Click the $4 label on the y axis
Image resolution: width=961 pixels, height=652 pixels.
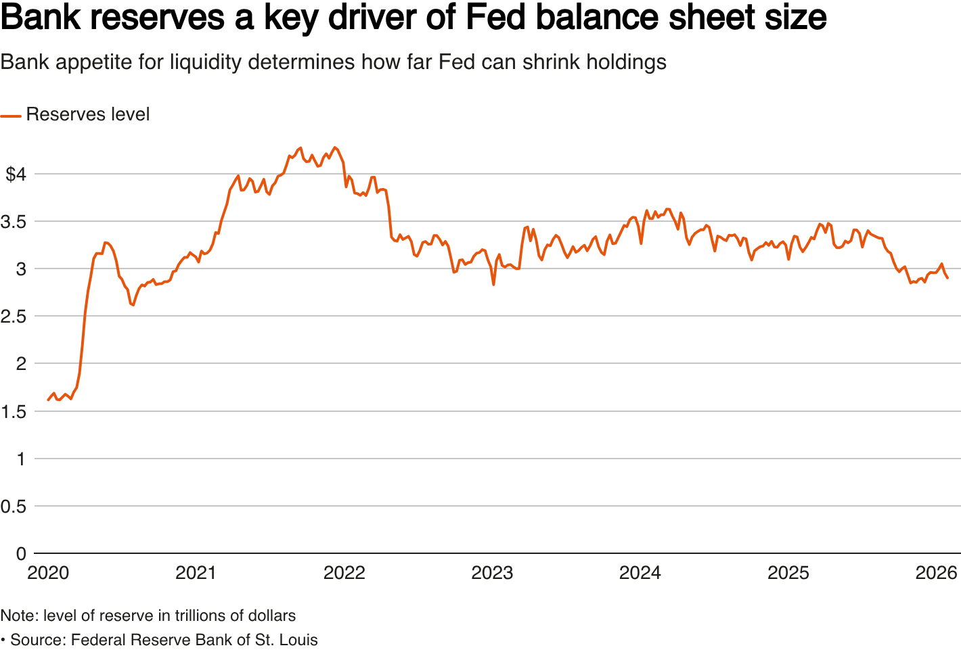(x=16, y=174)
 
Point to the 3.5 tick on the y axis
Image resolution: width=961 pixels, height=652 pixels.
(x=13, y=222)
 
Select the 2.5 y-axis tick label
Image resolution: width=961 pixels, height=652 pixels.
(x=13, y=317)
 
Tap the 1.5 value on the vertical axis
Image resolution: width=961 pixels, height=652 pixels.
(x=13, y=412)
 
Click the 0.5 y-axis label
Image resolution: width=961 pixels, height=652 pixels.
(x=13, y=507)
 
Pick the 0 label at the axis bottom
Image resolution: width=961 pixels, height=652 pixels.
(x=21, y=554)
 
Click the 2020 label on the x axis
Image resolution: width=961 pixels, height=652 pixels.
(x=48, y=574)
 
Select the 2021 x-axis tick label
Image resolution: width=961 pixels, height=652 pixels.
(x=196, y=574)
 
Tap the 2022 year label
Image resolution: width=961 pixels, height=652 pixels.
(x=344, y=574)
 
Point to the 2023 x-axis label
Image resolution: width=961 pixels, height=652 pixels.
(x=492, y=574)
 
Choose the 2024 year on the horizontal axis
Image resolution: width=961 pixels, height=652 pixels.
(x=640, y=574)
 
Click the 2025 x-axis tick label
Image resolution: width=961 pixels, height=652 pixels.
(x=788, y=574)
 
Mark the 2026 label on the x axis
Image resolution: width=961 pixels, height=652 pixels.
(x=936, y=574)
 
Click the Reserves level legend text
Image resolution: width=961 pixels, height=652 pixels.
(x=88, y=115)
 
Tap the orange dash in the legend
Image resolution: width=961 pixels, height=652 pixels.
(x=11, y=116)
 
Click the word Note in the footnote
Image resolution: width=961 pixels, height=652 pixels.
(x=19, y=616)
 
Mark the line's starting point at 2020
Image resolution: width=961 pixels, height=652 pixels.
(x=48, y=400)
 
